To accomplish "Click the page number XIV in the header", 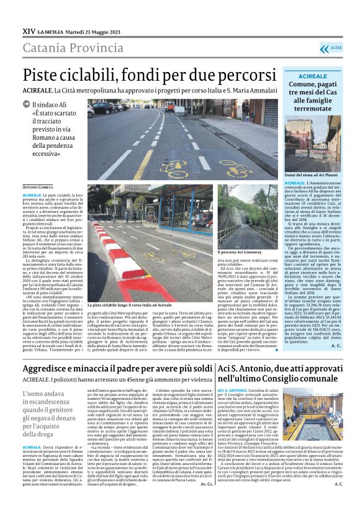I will pos(29,30).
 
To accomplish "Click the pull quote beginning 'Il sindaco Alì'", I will pos(53,128).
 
